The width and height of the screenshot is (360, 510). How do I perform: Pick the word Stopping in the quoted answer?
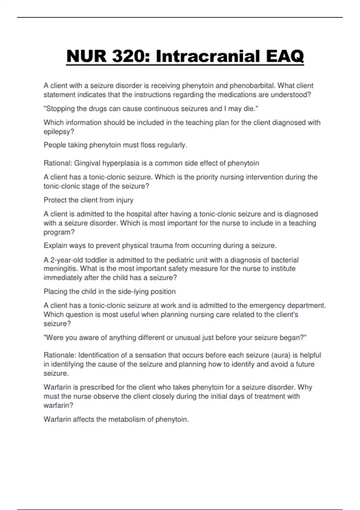[x=59, y=109]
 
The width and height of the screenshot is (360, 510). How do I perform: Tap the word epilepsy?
[x=58, y=132]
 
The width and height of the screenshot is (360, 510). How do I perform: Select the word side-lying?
[x=133, y=292]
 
